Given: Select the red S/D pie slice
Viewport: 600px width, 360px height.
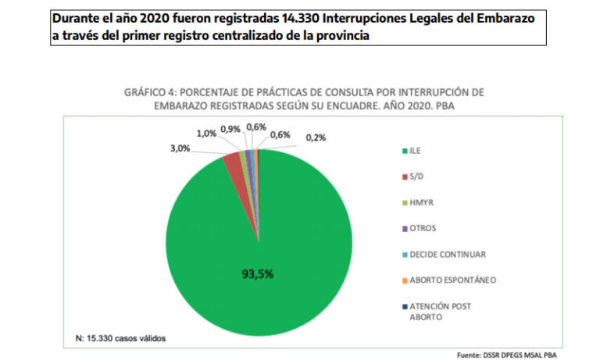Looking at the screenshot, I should pyautogui.click(x=233, y=162).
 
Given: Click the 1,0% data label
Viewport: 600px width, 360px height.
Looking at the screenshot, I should pyautogui.click(x=207, y=134).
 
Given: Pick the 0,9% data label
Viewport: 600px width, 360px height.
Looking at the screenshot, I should pyautogui.click(x=230, y=129).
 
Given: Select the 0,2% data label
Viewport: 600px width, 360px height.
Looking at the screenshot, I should pyautogui.click(x=315, y=138).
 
